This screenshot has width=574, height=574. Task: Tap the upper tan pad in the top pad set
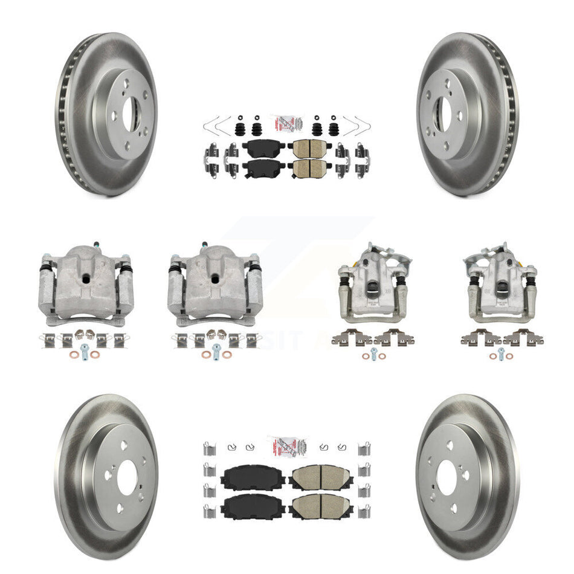tap(308, 147)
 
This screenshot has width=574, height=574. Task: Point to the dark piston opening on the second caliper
tap(216, 279)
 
